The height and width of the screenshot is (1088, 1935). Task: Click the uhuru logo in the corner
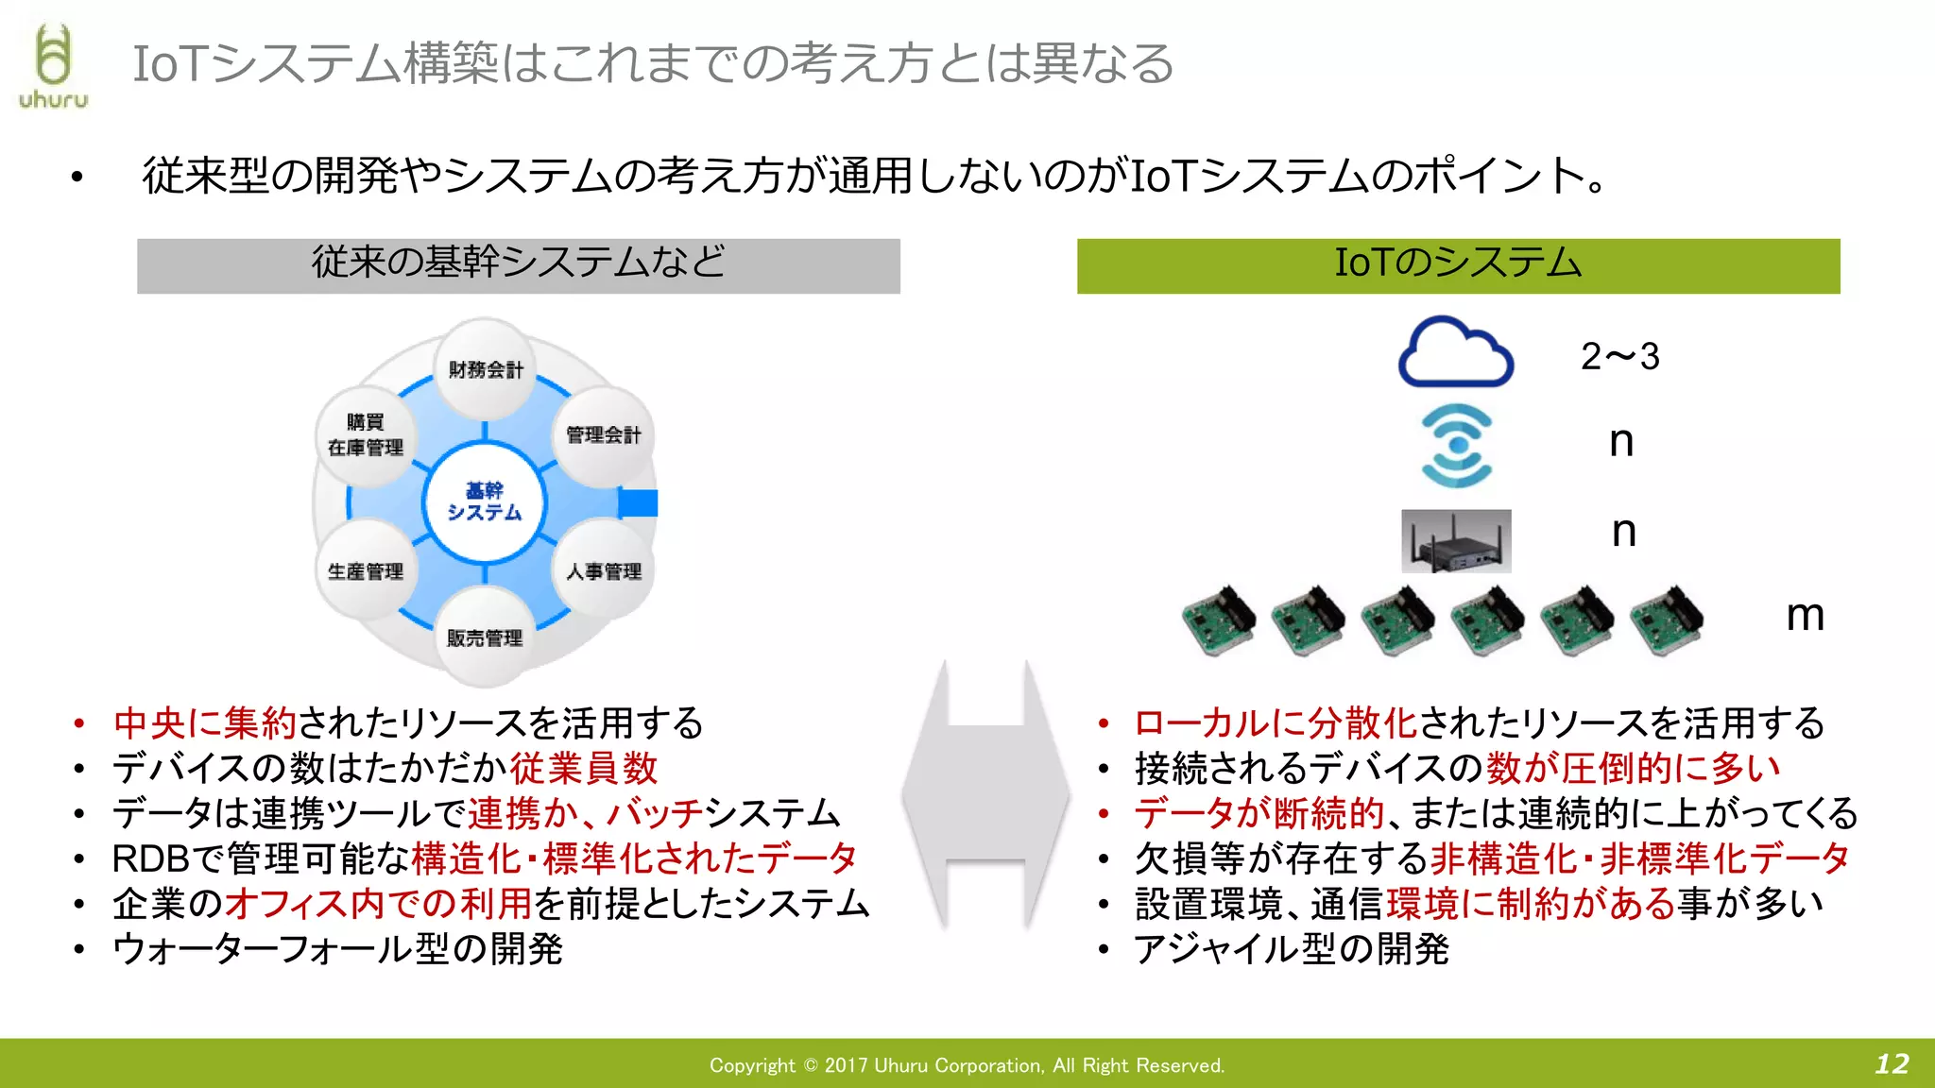point(53,66)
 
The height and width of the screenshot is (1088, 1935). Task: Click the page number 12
point(1892,1064)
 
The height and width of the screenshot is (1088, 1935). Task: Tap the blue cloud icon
point(1455,352)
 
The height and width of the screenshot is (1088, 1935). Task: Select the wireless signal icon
point(1456,445)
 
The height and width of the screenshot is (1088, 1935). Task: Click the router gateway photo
point(1455,541)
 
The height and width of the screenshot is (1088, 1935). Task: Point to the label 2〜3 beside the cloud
point(1619,357)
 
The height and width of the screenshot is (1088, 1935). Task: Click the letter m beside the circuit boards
point(1804,616)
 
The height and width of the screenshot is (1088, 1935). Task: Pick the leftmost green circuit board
point(1219,620)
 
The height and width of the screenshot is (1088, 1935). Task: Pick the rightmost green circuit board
point(1667,620)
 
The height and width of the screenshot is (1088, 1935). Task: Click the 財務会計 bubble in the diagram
point(485,369)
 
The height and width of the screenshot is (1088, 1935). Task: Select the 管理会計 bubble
point(603,435)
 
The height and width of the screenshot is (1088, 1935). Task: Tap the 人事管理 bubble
point(603,571)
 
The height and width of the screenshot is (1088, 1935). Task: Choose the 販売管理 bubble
point(484,638)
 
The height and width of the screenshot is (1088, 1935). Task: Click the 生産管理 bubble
point(366,571)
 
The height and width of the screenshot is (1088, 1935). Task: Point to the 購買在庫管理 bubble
point(366,435)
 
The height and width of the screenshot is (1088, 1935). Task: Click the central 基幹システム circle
point(484,501)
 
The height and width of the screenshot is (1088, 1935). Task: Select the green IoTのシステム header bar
point(1458,265)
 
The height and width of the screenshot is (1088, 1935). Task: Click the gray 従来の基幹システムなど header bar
point(518,265)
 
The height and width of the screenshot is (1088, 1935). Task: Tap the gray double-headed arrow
point(985,793)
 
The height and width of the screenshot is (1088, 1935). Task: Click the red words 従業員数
point(583,768)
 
